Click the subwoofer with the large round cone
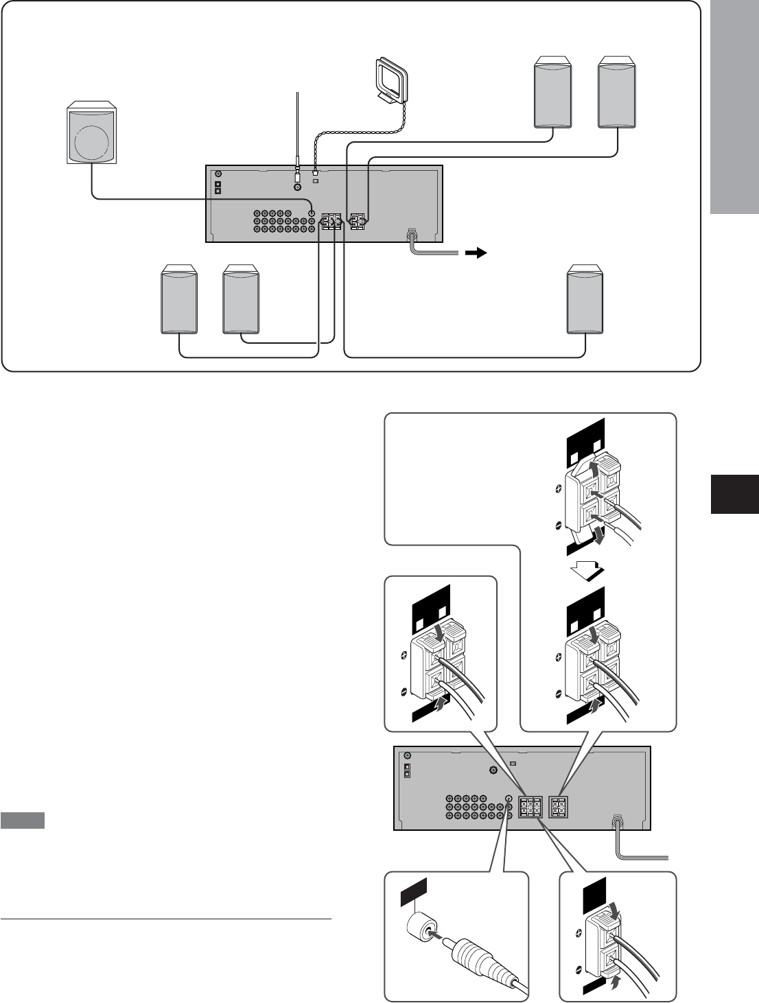91,134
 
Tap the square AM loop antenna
391,81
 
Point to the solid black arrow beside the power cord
476,253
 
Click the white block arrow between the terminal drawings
585,569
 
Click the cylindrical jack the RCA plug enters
421,927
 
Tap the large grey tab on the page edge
734,107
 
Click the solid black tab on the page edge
734,493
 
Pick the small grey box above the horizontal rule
23,821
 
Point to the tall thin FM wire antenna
297,130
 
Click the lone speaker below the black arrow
585,300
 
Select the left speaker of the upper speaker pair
553,94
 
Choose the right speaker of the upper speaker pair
616,94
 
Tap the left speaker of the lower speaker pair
179,301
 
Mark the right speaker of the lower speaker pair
242,301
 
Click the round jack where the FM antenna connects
297,187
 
